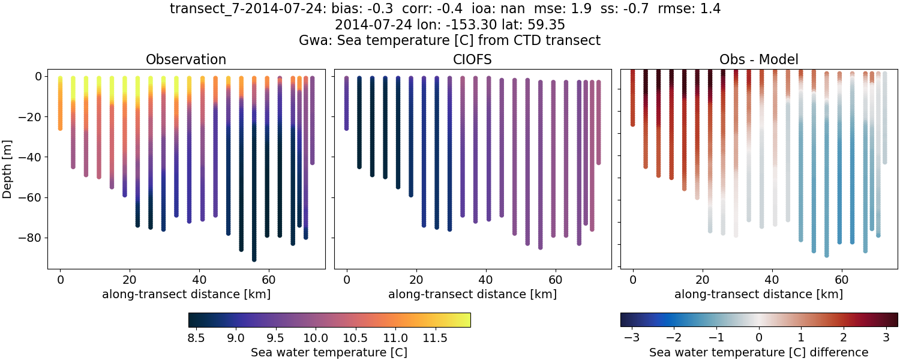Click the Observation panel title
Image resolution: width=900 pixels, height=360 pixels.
186,59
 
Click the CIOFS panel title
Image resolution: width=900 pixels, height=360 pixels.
472,59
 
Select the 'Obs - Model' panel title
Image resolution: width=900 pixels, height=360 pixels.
758,59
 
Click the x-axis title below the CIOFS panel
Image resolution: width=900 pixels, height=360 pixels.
472,294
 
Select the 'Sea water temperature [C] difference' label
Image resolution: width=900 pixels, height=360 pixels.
758,352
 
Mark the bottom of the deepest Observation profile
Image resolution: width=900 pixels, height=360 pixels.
254,259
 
